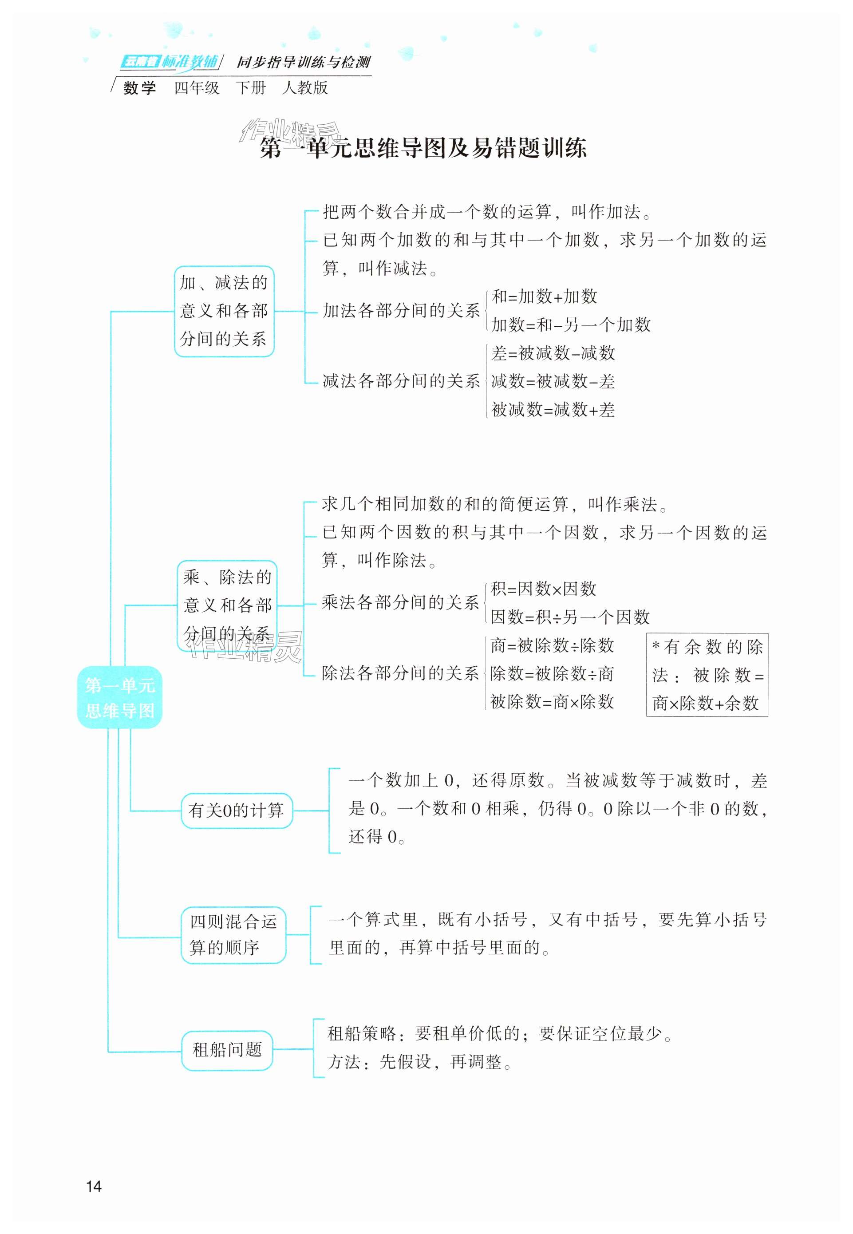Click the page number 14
click(x=94, y=1186)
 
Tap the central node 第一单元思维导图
click(x=120, y=697)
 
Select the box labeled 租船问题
click(x=227, y=1050)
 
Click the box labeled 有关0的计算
click(x=236, y=811)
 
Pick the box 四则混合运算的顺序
click(x=233, y=935)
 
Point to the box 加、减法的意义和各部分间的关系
click(x=224, y=311)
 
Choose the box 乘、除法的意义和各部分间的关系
click(x=227, y=605)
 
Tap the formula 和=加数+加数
click(x=544, y=297)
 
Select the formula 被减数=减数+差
click(x=553, y=410)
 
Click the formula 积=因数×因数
click(x=543, y=589)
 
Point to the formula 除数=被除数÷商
click(x=552, y=674)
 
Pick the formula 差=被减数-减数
click(x=553, y=353)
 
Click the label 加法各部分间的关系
click(x=401, y=311)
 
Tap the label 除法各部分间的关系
click(x=400, y=673)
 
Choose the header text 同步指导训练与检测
click(x=303, y=63)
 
